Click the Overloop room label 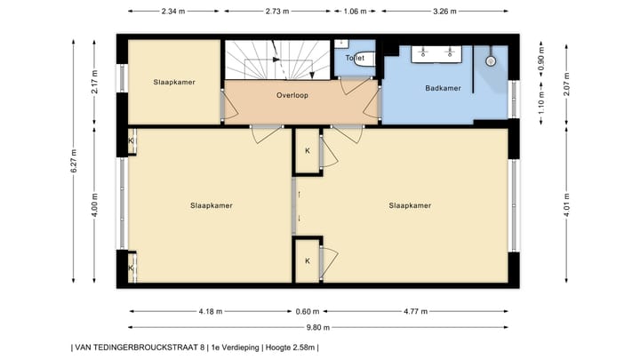tap(292, 95)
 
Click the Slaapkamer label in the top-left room tap(174, 82)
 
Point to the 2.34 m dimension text tap(173, 12)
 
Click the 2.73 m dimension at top tap(277, 12)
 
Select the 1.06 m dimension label tap(355, 12)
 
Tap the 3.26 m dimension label tap(444, 12)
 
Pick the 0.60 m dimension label tap(308, 311)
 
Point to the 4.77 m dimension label tap(415, 311)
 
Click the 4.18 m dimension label tap(211, 311)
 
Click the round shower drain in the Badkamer tap(491, 61)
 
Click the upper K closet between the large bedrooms tap(308, 151)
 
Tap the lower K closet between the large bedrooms tap(308, 260)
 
